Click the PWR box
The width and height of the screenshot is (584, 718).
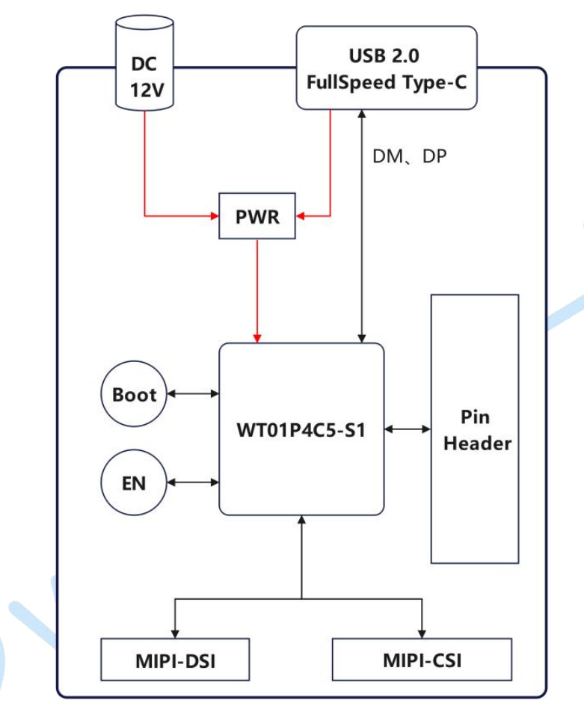pyautogui.click(x=256, y=216)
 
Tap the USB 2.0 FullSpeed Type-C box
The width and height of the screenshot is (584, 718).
pyautogui.click(x=387, y=69)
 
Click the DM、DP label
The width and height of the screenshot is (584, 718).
pyautogui.click(x=409, y=157)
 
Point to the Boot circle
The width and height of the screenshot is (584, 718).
pyautogui.click(x=134, y=394)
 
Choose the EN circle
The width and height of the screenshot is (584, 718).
pyautogui.click(x=134, y=482)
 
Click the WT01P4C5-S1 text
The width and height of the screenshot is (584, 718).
pyautogui.click(x=301, y=430)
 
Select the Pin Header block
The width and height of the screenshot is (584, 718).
pyautogui.click(x=475, y=429)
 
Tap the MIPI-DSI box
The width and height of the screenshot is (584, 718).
pyautogui.click(x=175, y=660)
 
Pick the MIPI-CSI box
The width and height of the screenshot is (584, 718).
pyautogui.click(x=422, y=660)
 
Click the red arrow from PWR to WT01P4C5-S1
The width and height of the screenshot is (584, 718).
pyautogui.click(x=256, y=292)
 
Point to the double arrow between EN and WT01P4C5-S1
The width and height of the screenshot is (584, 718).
pyautogui.click(x=193, y=482)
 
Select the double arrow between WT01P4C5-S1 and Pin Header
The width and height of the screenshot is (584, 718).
pyautogui.click(x=408, y=429)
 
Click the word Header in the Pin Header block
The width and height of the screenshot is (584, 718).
pyautogui.click(x=477, y=443)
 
